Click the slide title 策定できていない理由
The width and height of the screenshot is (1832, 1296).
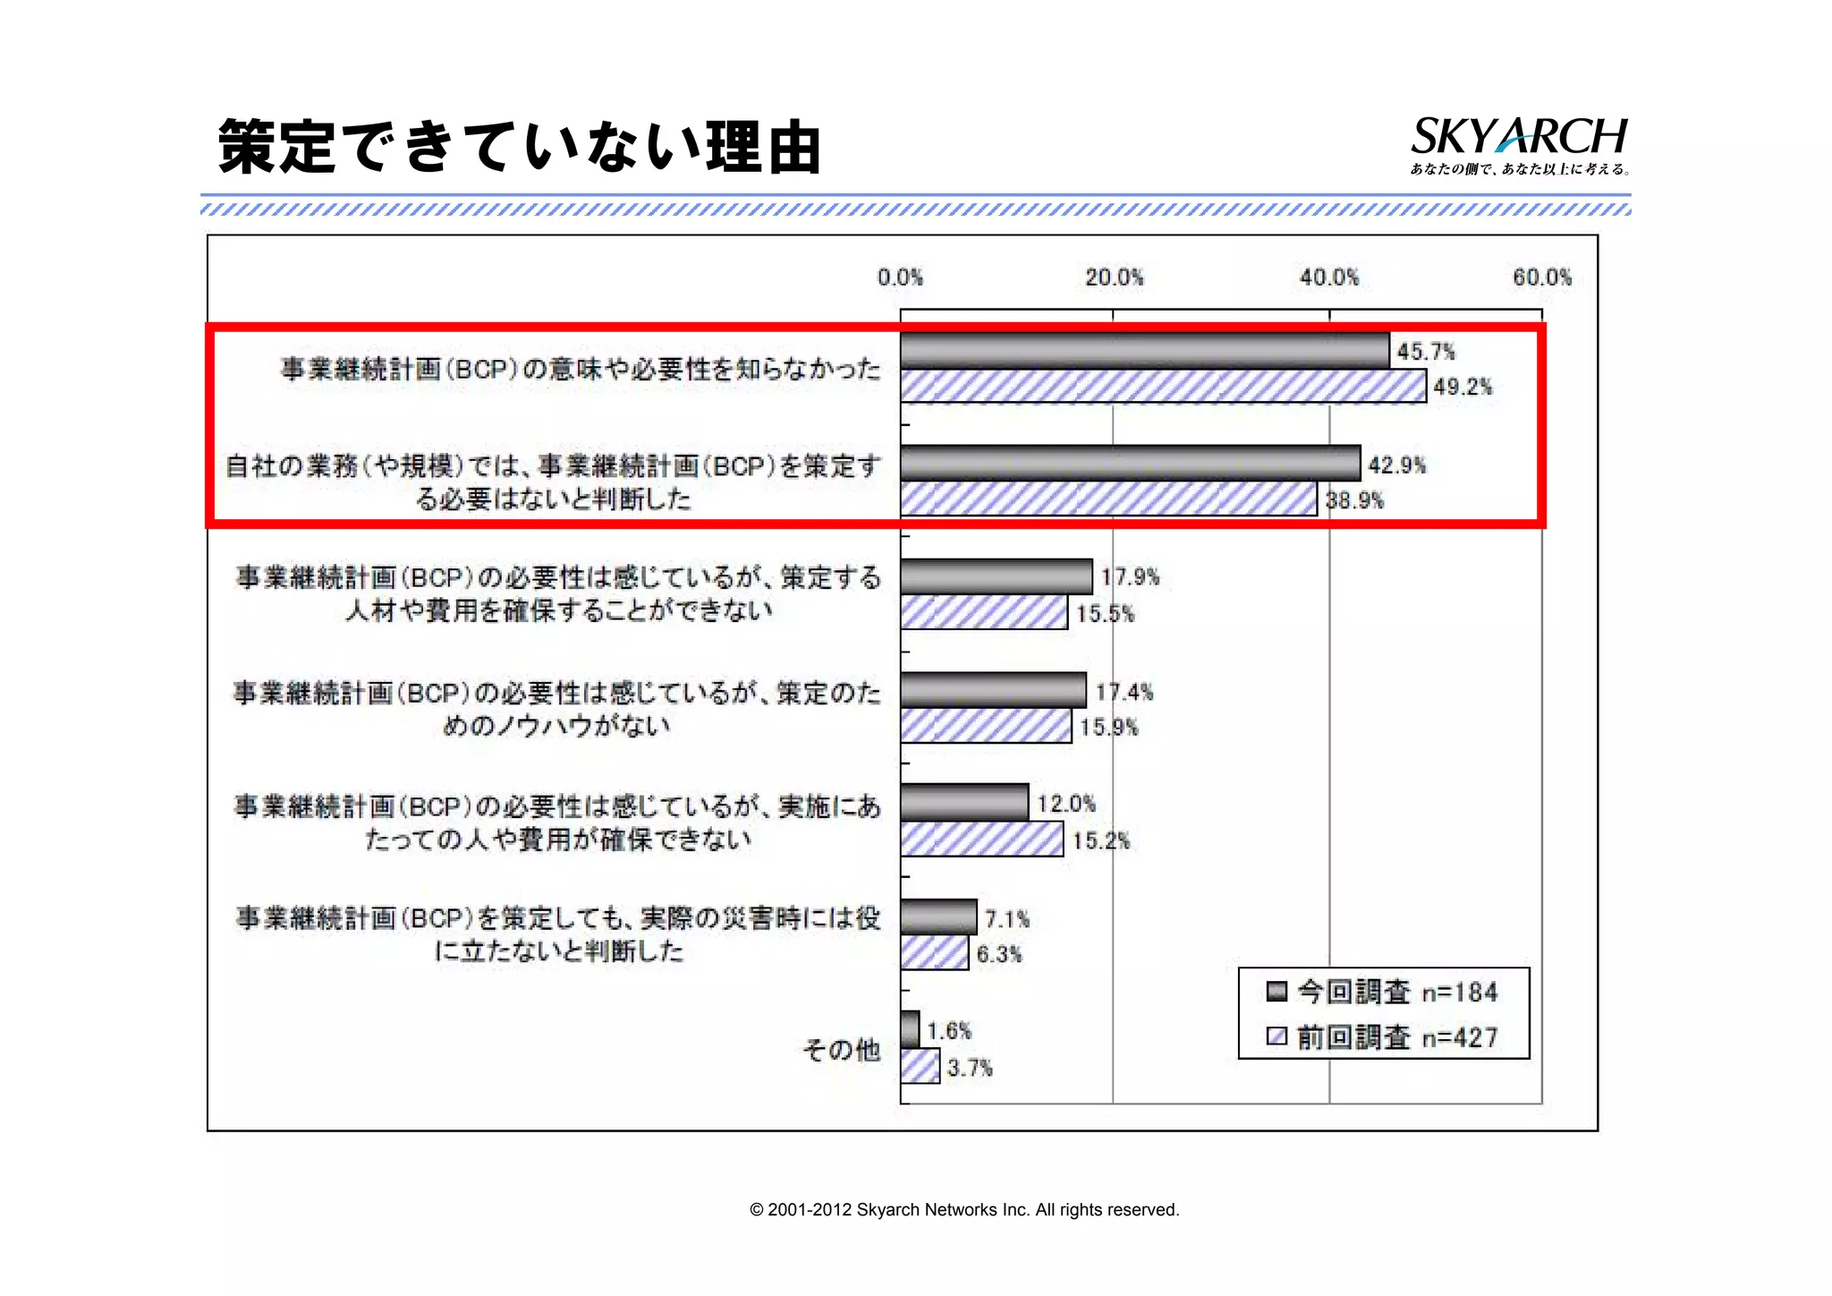(520, 147)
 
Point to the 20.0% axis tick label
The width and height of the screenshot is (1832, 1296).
(1114, 277)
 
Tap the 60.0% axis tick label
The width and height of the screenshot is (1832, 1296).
(1541, 277)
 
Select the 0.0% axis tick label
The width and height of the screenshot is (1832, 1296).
(900, 277)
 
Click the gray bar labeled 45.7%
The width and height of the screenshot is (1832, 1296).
(1144, 351)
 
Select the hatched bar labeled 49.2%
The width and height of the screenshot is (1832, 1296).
(1162, 387)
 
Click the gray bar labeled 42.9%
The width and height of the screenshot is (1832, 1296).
(1130, 464)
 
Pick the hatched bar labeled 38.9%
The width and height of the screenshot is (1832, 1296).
(1108, 499)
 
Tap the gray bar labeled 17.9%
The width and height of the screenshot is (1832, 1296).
(997, 576)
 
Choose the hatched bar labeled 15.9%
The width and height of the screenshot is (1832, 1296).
(986, 726)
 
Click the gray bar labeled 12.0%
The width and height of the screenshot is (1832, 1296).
(964, 803)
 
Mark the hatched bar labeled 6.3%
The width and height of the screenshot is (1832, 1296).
(934, 953)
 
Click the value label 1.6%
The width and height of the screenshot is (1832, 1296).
(949, 1031)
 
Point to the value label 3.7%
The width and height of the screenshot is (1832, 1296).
(970, 1068)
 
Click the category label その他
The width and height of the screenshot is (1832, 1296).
(841, 1050)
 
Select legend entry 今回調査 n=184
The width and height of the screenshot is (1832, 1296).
(1383, 992)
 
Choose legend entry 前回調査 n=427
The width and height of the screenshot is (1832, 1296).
(1383, 1037)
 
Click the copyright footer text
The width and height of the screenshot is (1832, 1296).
(964, 1210)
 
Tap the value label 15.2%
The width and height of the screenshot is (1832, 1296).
(1101, 840)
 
